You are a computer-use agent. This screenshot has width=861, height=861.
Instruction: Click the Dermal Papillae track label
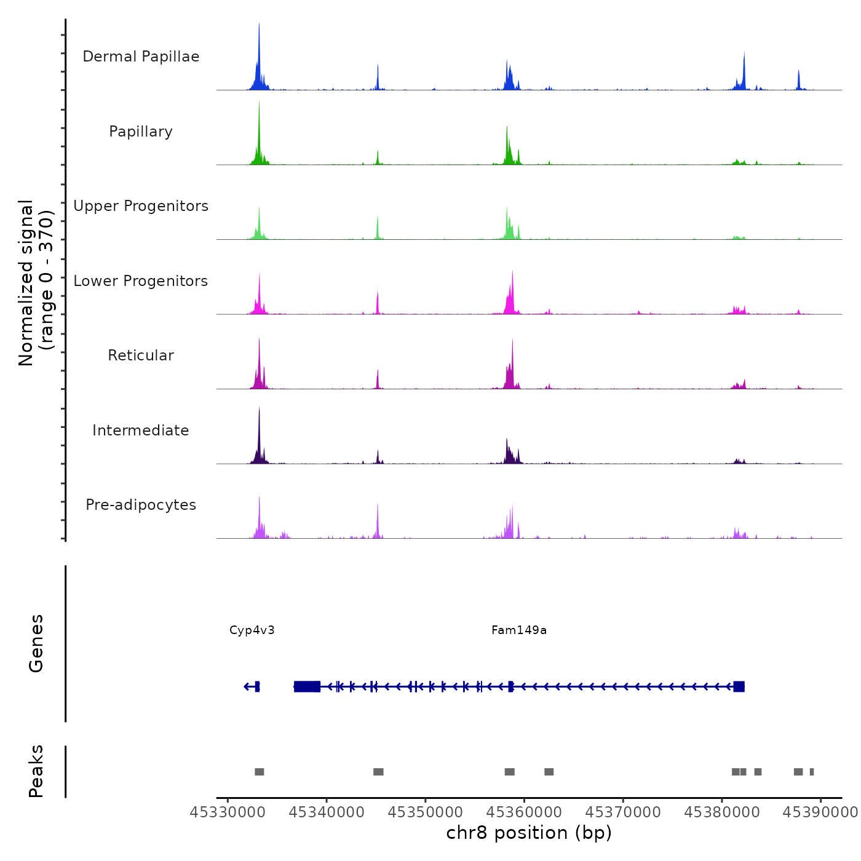pyautogui.click(x=141, y=57)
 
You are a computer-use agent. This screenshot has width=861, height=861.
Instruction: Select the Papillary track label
pyautogui.click(x=141, y=132)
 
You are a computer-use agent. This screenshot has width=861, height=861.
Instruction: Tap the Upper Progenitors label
pyautogui.click(x=141, y=206)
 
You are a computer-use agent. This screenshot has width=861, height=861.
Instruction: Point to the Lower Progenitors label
pyautogui.click(x=141, y=281)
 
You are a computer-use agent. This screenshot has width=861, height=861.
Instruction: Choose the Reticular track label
pyautogui.click(x=141, y=355)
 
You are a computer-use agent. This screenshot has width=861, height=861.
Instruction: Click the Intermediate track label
pyautogui.click(x=141, y=430)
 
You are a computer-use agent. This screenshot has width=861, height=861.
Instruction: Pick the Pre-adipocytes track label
pyautogui.click(x=141, y=505)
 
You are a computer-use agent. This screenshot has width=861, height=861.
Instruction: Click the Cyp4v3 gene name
pyautogui.click(x=252, y=630)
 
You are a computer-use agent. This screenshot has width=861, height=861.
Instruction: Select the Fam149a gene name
pyautogui.click(x=519, y=630)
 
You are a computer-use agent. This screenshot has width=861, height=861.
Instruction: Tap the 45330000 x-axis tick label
pyautogui.click(x=228, y=812)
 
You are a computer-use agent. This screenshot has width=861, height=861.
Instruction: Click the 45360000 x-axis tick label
pyautogui.click(x=525, y=812)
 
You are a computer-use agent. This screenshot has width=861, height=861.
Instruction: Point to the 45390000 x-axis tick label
pyautogui.click(x=820, y=812)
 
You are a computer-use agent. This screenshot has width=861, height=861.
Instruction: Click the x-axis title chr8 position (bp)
pyautogui.click(x=529, y=833)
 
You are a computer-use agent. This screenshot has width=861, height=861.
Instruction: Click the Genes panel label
pyautogui.click(x=36, y=643)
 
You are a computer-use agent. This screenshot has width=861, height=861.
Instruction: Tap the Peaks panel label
pyautogui.click(x=36, y=771)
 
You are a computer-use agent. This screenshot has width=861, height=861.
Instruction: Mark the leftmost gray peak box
pyautogui.click(x=260, y=772)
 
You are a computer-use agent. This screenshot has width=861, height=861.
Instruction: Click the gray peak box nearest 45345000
pyautogui.click(x=378, y=772)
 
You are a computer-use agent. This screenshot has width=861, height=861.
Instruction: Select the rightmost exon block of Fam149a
pyautogui.click(x=739, y=686)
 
